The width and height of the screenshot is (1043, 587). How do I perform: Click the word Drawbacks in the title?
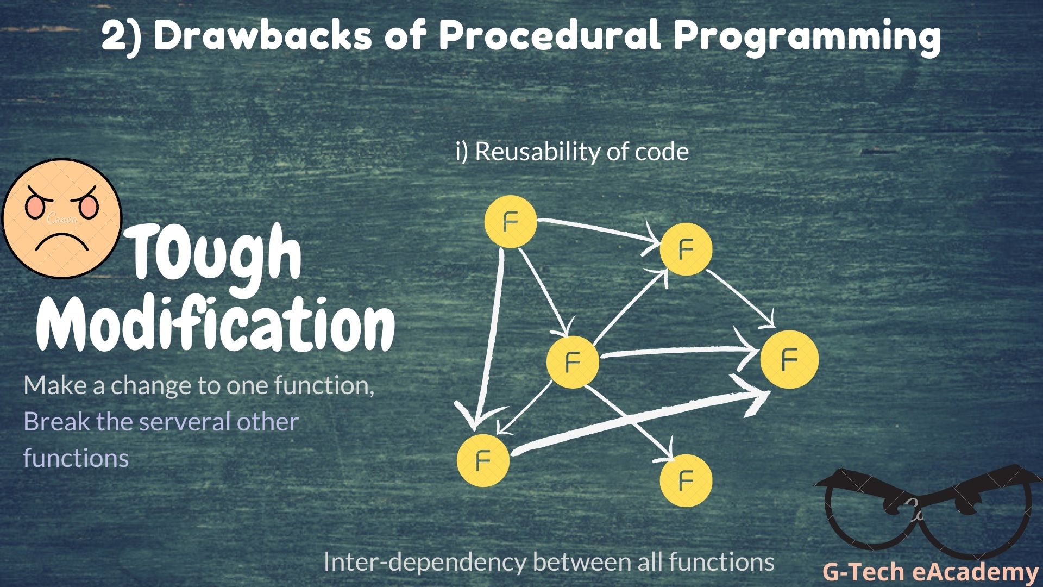click(x=263, y=36)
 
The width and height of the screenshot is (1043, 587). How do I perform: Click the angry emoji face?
click(x=61, y=218)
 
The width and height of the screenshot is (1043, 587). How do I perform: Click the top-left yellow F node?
click(x=510, y=222)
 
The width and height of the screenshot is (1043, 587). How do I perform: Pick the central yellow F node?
click(x=573, y=361)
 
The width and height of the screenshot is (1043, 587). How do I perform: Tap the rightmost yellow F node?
click(x=789, y=359)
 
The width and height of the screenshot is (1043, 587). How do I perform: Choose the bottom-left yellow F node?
click(x=483, y=460)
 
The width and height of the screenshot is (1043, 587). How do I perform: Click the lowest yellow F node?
click(x=686, y=480)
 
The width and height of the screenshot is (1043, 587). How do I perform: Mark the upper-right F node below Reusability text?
click(x=686, y=249)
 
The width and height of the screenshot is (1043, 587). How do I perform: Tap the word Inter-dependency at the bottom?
click(x=424, y=561)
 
